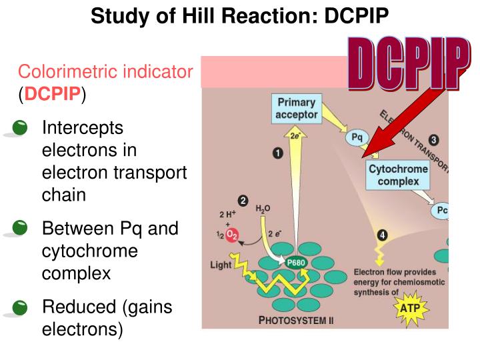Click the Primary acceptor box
tap(296, 109)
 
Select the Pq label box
tap(357, 138)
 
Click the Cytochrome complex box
tap(398, 175)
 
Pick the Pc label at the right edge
tap(441, 211)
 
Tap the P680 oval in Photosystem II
tap(296, 263)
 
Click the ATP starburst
tap(409, 309)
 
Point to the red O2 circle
tap(231, 234)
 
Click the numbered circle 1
tap(277, 153)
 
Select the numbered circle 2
tap(243, 200)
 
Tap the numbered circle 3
tap(433, 140)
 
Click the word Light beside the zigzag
tap(221, 265)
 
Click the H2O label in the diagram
tap(263, 209)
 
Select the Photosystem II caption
tap(296, 321)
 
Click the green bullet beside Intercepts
tap(21, 128)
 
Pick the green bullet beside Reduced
tap(21, 308)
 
